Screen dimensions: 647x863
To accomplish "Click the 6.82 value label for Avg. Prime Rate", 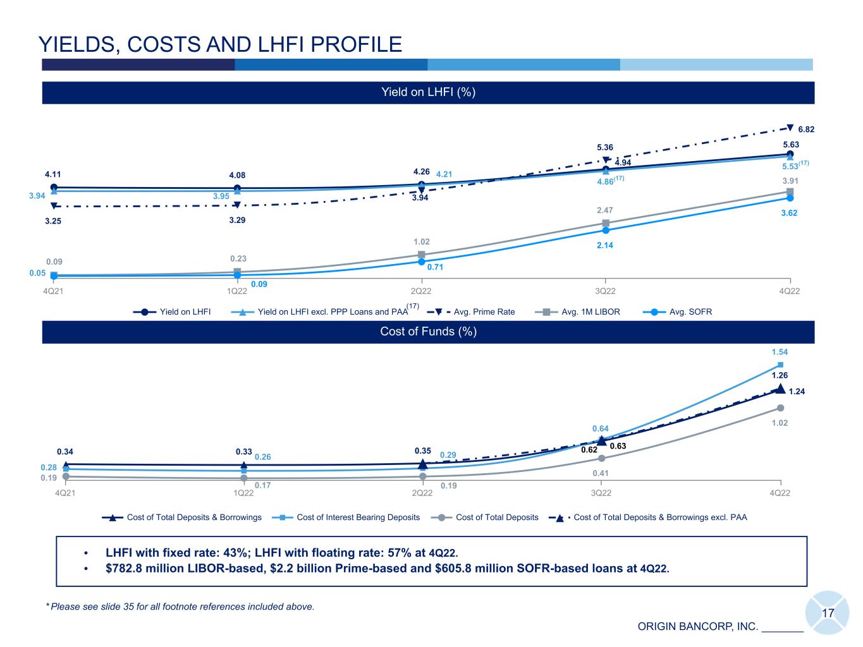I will pos(806,130).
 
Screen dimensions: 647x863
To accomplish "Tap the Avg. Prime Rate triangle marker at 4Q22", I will pos(790,127).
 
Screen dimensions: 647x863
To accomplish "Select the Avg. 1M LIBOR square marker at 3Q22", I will pos(606,223).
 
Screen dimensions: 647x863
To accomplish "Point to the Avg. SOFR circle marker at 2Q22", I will pos(422,262).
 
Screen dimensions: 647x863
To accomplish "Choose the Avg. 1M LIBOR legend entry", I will pos(582,311).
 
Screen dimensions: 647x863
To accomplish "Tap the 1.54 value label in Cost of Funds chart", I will pos(780,352).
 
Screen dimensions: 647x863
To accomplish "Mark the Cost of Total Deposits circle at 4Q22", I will pos(780,408).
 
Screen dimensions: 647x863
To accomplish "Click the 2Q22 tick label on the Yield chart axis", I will pos(422,291).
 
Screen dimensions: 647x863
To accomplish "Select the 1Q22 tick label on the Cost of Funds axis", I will pos(243,493).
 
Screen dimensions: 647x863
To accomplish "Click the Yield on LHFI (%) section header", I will pos(428,92).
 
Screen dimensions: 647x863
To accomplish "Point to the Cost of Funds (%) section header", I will pos(428,332).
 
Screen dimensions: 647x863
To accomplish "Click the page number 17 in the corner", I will pos(828,613).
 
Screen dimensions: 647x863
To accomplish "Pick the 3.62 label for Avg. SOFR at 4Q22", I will pos(788,213).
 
